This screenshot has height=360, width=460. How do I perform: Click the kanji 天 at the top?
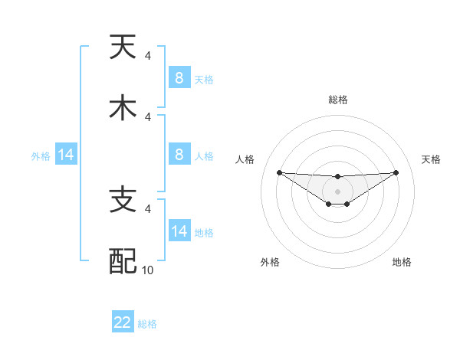tap(123, 47)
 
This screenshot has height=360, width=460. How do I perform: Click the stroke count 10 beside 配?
tap(149, 270)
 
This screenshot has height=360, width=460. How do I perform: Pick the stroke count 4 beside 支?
tap(148, 208)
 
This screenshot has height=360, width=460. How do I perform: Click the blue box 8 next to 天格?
tap(179, 78)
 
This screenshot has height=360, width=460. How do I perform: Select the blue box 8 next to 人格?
tap(179, 155)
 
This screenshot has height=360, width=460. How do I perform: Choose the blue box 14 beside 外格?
tap(66, 155)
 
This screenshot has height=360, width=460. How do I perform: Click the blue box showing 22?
tap(123, 322)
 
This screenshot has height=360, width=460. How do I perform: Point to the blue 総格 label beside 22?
tap(148, 324)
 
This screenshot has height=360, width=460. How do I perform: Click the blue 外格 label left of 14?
tap(41, 156)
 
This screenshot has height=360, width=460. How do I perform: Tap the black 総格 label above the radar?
tap(337, 100)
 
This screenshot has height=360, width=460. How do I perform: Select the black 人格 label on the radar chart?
tap(245, 159)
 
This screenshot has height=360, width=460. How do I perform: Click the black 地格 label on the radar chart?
tap(402, 262)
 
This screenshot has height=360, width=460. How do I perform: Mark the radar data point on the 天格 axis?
tap(396, 172)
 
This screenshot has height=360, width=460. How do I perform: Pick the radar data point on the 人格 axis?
tap(279, 172)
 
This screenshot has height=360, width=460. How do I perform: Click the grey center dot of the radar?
tap(337, 191)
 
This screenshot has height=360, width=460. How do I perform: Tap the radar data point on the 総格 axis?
tap(337, 177)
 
